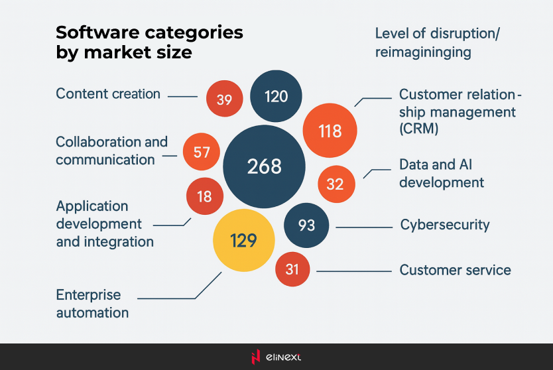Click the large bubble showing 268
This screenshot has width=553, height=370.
tap(264, 166)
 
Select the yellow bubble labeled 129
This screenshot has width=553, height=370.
tap(243, 241)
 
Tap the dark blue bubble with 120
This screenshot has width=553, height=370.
tap(276, 97)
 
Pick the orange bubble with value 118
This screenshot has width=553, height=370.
tap(330, 131)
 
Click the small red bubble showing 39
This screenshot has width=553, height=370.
tap(224, 100)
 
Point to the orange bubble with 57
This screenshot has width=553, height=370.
tap(202, 153)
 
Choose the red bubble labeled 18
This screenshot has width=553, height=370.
tap(204, 196)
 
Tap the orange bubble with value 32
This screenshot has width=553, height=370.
tap(335, 184)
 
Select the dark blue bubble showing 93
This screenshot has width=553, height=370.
tap(306, 225)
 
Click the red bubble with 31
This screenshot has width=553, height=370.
tap(292, 269)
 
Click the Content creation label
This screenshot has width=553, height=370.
tap(108, 94)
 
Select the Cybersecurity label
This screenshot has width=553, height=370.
tap(444, 225)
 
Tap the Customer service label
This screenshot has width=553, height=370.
tap(455, 270)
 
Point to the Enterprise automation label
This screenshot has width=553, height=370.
tap(92, 304)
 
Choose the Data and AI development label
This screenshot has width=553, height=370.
tap(441, 173)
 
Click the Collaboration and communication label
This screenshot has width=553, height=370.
tap(111, 151)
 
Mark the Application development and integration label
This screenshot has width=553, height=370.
tap(105, 224)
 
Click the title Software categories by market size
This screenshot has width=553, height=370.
tap(149, 42)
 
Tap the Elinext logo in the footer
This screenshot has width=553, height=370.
tap(276, 357)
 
